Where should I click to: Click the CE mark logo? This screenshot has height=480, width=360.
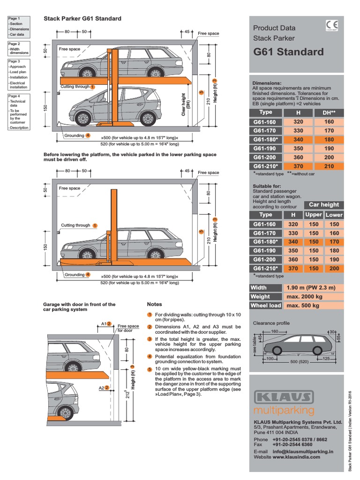(x=330, y=27)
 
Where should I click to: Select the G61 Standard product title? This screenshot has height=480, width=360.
(x=288, y=52)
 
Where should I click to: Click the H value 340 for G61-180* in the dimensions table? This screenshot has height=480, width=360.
(x=298, y=140)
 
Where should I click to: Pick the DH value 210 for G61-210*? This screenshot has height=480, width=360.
(x=329, y=166)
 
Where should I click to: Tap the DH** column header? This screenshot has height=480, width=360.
(x=329, y=112)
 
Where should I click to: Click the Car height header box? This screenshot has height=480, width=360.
(x=323, y=204)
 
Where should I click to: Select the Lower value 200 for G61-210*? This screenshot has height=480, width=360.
(x=334, y=268)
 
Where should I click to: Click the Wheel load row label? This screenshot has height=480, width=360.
(x=266, y=306)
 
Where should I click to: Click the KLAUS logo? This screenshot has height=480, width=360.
(x=284, y=397)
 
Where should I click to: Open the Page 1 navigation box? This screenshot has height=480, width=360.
(x=19, y=26)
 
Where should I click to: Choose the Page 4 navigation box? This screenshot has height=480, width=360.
(x=19, y=112)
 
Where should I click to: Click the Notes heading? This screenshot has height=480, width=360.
(x=154, y=304)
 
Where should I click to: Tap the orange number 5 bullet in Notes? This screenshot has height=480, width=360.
(x=150, y=369)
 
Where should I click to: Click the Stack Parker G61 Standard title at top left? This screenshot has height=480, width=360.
(x=82, y=19)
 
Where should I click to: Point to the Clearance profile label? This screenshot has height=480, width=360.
(x=271, y=323)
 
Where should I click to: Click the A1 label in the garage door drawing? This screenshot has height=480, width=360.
(x=104, y=323)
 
